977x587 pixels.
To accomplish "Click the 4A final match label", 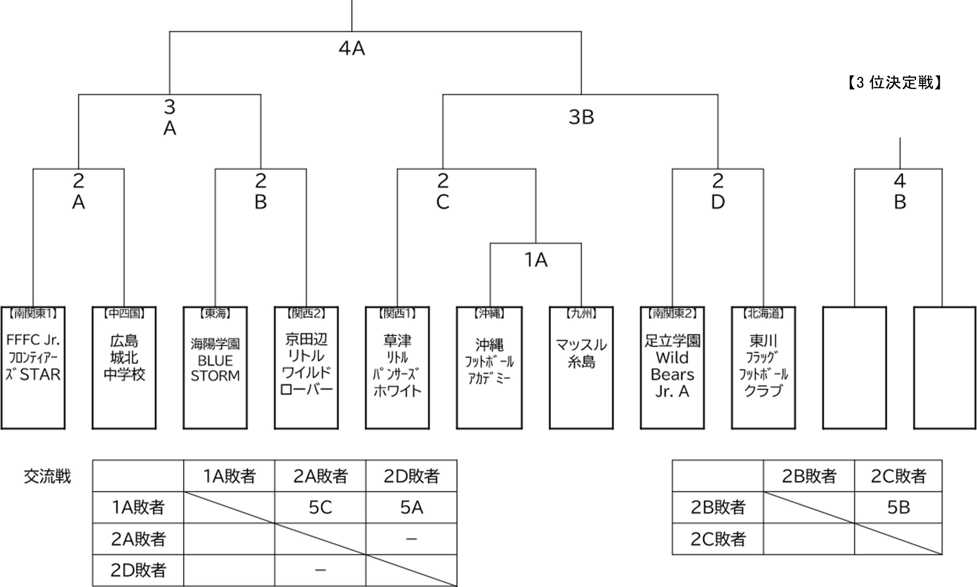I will [352, 48].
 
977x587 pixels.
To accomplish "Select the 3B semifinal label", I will [581, 117].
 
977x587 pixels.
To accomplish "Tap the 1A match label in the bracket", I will [536, 260].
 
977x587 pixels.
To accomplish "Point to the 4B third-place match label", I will [899, 191].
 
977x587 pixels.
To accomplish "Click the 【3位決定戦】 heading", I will [894, 82].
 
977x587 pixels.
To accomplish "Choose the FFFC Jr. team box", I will [33, 367].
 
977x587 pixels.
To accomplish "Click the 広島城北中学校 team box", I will [124, 367].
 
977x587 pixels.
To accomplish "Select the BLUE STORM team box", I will [215, 367].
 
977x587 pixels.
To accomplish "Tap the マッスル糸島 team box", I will [581, 367].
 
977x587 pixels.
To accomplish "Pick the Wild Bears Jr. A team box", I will [672, 367].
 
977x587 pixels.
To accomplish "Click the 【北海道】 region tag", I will [763, 313].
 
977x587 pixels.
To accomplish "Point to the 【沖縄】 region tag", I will [489, 313].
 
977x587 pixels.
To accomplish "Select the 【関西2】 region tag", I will [306, 313].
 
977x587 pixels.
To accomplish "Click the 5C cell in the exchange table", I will [320, 507].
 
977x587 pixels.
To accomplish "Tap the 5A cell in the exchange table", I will [412, 507].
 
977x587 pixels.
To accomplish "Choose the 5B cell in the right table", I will [898, 507].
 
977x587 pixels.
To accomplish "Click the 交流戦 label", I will [47, 476].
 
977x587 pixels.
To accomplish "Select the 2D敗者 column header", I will [412, 476].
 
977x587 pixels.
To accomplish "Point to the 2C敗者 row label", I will [718, 539].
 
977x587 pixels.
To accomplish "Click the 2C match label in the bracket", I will [443, 191].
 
